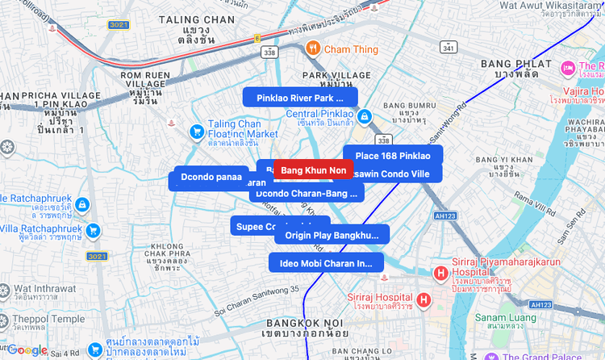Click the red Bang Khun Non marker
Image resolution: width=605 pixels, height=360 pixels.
tap(313, 170)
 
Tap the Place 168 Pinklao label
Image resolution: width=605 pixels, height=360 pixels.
tap(393, 156)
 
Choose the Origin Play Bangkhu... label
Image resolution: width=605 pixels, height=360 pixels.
tap(332, 235)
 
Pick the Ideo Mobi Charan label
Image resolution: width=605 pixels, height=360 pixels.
tap(326, 262)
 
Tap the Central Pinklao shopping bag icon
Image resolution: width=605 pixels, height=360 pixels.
tap(365, 117)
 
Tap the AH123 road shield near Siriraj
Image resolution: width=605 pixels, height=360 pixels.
tap(444, 216)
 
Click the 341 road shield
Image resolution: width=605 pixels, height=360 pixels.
tap(448, 48)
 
